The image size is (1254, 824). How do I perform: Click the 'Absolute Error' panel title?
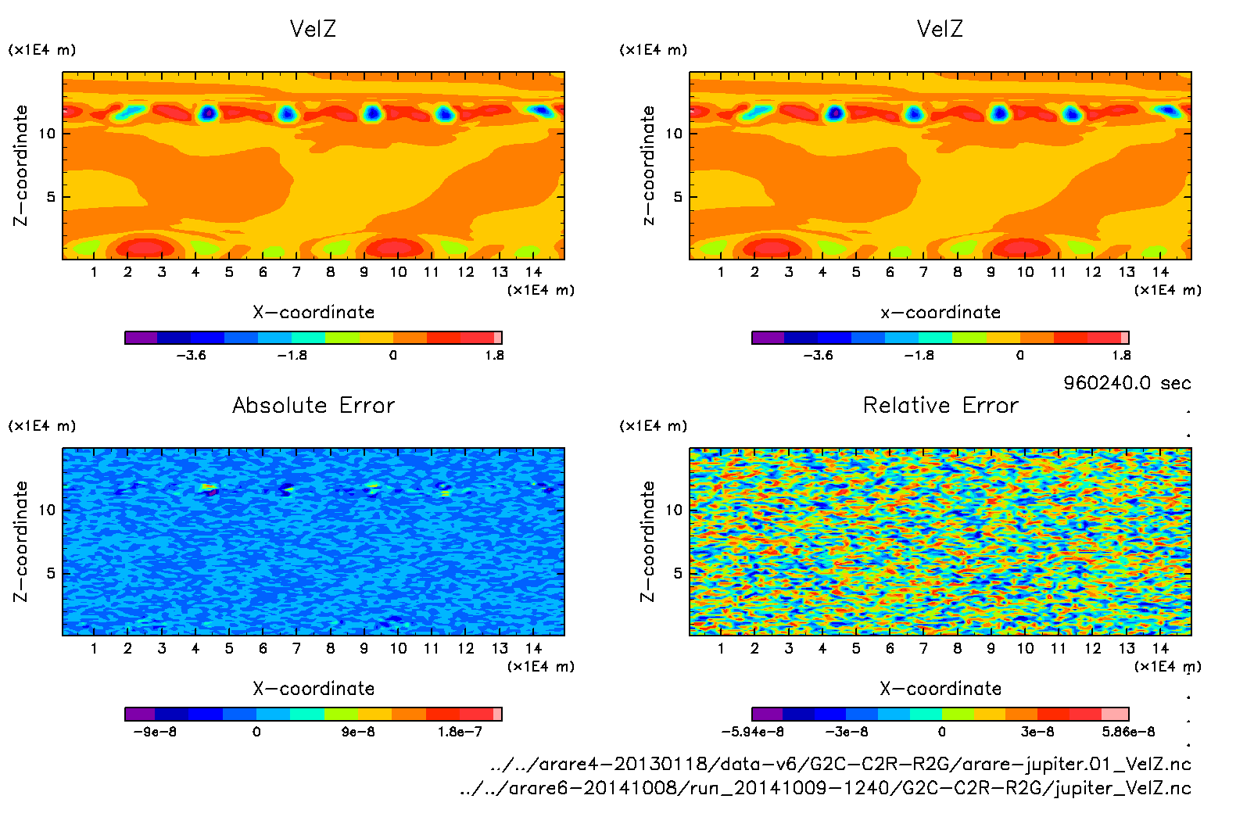(313, 405)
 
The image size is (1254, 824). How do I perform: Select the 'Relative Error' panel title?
(940, 405)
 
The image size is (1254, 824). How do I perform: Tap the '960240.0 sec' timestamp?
(1127, 383)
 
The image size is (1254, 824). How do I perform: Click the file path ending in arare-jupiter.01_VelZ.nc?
(840, 764)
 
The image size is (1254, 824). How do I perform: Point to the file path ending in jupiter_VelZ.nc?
(826, 788)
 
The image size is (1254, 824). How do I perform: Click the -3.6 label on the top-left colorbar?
(191, 355)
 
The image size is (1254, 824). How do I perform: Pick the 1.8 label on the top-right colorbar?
(1121, 355)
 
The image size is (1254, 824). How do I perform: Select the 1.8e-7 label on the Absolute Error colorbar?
(460, 732)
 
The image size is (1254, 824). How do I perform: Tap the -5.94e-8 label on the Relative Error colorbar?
(752, 732)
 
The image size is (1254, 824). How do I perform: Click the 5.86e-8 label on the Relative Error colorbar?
(1128, 732)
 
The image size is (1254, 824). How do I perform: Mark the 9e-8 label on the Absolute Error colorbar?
(358, 732)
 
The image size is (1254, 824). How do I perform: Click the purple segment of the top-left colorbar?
(142, 338)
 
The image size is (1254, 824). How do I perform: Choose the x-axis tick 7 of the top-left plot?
(296, 272)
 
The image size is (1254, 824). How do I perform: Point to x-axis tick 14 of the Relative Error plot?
(1160, 648)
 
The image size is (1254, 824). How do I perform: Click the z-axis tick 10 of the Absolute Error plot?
(48, 510)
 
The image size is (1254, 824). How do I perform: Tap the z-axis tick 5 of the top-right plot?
(678, 197)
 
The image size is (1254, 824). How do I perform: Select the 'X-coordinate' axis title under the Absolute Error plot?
(313, 689)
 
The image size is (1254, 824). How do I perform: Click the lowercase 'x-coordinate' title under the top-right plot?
(940, 313)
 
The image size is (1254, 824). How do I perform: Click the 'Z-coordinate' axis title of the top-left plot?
(20, 166)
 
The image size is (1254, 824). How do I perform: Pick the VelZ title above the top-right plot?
(940, 29)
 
